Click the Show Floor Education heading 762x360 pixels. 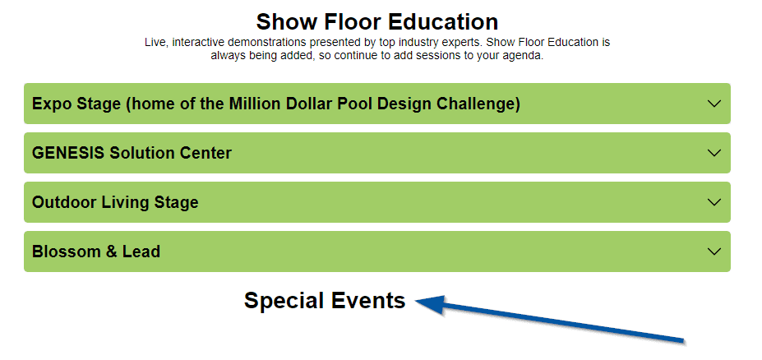tap(377, 22)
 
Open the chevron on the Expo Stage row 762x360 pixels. tap(714, 104)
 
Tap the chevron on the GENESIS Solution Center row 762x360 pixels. tap(714, 153)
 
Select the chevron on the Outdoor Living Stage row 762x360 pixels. tap(714, 202)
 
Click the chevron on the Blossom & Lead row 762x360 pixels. tap(714, 252)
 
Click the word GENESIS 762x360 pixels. tap(68, 153)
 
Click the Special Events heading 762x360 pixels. tap(325, 300)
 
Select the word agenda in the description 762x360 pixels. tap(524, 56)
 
